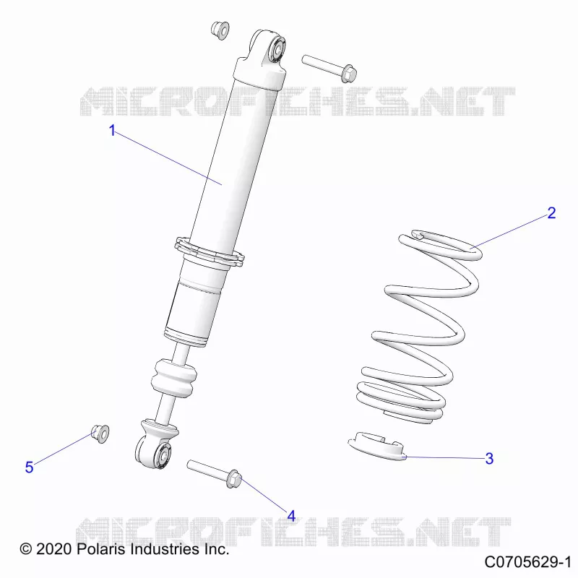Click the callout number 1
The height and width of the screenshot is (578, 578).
click(x=113, y=131)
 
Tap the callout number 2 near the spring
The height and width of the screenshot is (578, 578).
click(x=551, y=213)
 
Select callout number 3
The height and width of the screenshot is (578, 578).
click(x=489, y=459)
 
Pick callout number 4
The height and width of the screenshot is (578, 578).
click(x=291, y=517)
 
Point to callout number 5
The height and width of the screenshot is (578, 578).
click(x=29, y=467)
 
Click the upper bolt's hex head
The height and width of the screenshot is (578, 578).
click(x=348, y=74)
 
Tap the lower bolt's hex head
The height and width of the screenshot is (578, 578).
click(x=233, y=479)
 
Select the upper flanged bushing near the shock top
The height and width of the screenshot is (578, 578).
click(x=220, y=30)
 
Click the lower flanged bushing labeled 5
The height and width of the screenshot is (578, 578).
click(x=100, y=433)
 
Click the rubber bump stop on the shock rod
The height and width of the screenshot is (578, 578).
click(x=173, y=379)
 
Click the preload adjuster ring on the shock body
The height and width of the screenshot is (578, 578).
click(x=210, y=251)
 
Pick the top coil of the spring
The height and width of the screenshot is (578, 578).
click(x=441, y=244)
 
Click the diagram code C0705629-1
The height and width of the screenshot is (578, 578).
click(x=527, y=562)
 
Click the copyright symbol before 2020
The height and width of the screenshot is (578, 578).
click(x=26, y=549)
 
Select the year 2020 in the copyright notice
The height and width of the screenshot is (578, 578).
click(x=53, y=549)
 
